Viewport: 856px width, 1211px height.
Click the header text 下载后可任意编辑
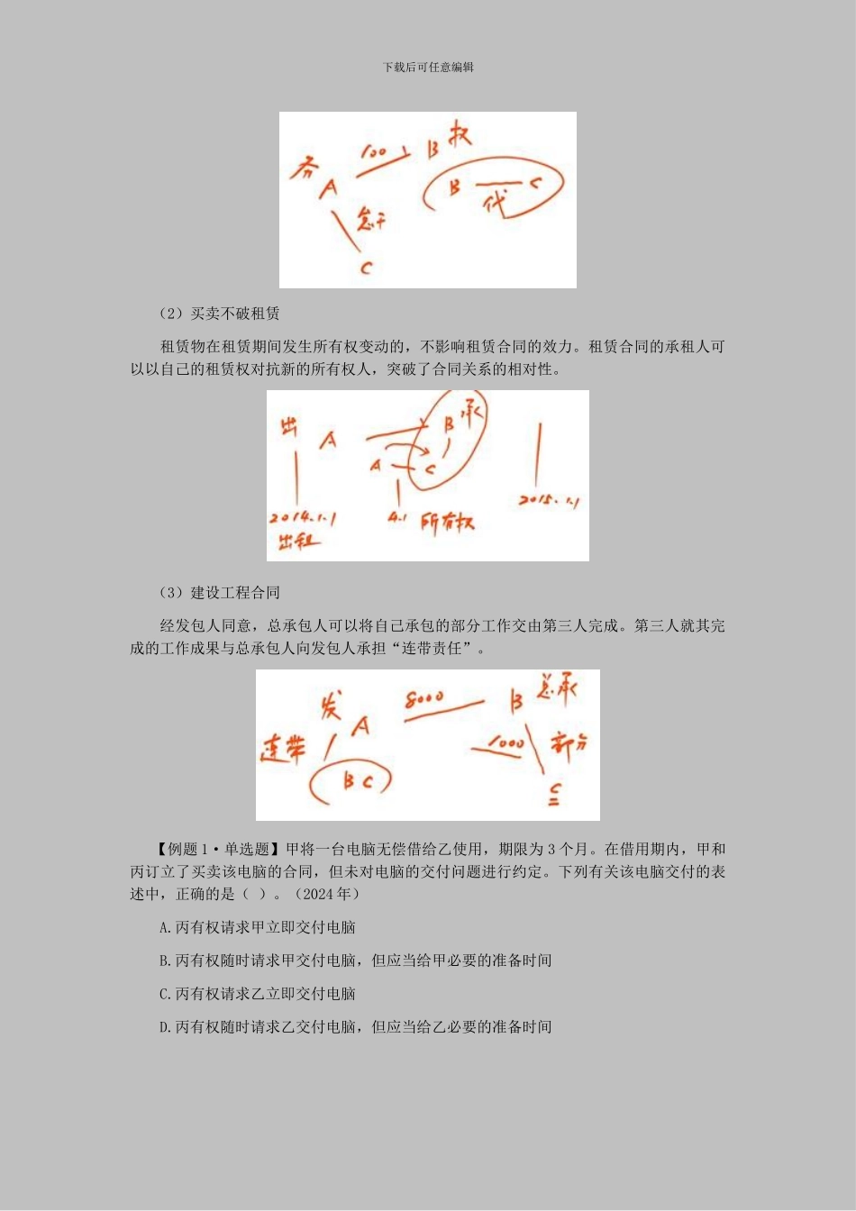(428, 68)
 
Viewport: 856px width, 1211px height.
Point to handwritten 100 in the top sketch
(374, 151)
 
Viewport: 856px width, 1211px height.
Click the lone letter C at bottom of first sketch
(366, 268)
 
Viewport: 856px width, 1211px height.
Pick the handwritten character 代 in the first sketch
(495, 203)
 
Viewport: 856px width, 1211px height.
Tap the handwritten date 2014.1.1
(303, 519)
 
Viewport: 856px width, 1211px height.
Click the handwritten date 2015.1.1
(549, 500)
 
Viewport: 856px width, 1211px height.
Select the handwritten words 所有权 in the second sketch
(448, 523)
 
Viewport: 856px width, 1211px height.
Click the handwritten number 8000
(424, 698)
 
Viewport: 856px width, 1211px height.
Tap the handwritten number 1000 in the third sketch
(505, 744)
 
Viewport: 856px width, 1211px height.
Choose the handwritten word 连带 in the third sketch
(284, 748)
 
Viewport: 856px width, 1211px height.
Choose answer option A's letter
(164, 928)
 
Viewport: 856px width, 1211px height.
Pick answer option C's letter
(164, 995)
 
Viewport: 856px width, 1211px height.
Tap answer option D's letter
(164, 1027)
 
